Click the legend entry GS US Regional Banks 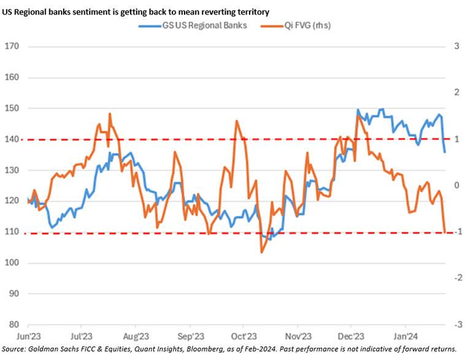[202, 25]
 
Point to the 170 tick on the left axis [11, 46]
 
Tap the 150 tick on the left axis [11, 108]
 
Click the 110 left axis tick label [11, 232]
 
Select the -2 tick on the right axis [453, 277]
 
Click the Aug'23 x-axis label [135, 336]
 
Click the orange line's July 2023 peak [109, 114]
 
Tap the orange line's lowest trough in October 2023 [261, 253]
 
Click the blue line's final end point [444, 152]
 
